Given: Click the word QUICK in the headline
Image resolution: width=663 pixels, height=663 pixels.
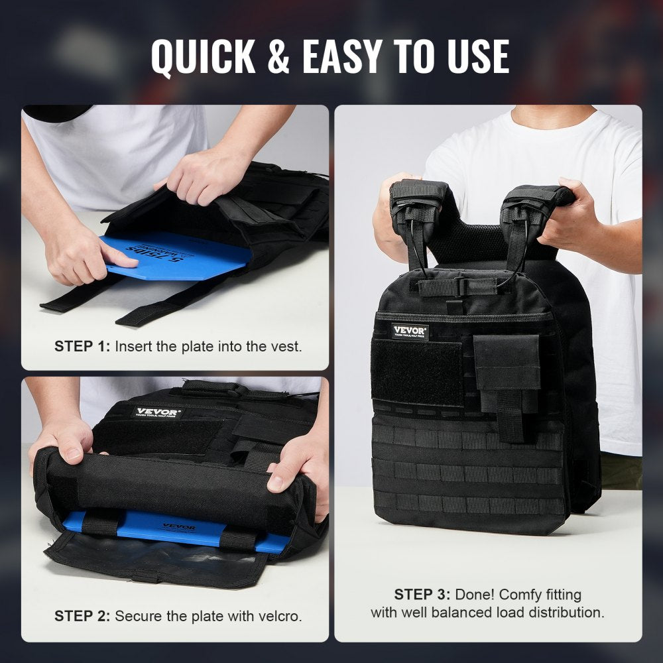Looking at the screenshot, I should (203, 56).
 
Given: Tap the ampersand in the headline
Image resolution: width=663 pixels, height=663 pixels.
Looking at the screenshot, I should (278, 57).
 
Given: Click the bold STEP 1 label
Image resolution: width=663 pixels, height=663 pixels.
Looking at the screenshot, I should (82, 346).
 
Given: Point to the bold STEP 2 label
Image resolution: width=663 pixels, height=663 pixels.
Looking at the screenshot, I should (82, 616).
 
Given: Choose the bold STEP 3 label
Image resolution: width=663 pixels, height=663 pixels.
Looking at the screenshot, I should (422, 594).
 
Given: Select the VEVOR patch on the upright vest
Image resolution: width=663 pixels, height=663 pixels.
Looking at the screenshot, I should (410, 331).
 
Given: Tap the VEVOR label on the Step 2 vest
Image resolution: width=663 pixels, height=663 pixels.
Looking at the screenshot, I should (157, 412).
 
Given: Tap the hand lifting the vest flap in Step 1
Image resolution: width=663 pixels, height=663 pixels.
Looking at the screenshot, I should (202, 176).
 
